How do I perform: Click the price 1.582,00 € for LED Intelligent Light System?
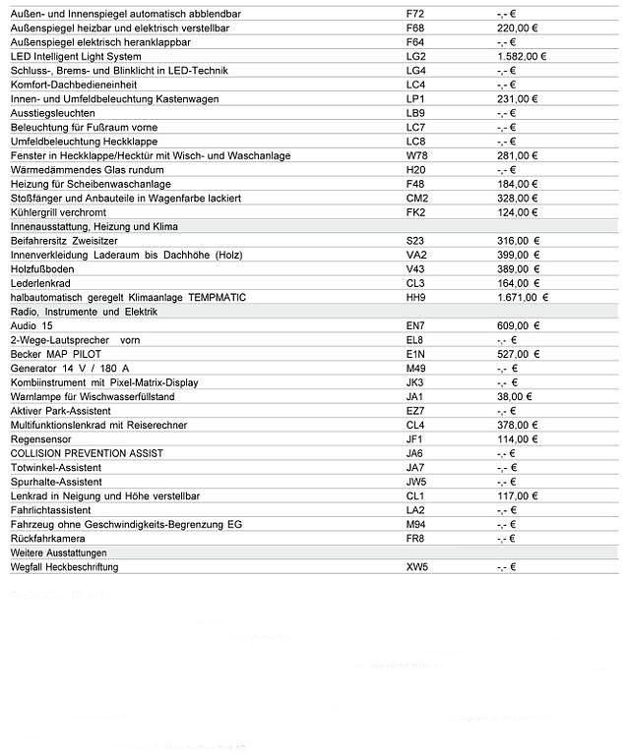point(521,56)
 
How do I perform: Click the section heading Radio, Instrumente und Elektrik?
point(84,312)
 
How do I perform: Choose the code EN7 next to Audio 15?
point(415,325)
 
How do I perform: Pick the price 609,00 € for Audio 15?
point(517,325)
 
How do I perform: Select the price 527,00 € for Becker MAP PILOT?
point(517,354)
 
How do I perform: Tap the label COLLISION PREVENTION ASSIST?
point(87,453)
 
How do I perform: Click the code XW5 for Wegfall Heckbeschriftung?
point(417,567)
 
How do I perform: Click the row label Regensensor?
point(38,439)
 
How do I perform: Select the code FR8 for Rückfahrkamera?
point(415,539)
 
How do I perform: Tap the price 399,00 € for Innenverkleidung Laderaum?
point(517,255)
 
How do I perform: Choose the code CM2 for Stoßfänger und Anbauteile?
point(416,198)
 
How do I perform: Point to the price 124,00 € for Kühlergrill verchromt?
point(517,212)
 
